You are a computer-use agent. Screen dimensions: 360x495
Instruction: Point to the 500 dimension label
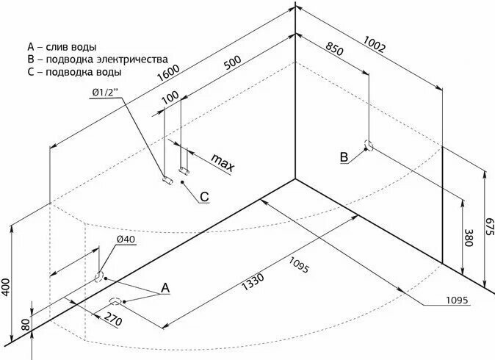[232, 64]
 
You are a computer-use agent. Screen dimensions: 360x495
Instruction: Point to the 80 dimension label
[26, 323]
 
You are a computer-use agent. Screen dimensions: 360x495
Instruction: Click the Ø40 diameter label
[125, 240]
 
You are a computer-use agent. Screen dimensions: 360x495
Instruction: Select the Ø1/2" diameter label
[108, 92]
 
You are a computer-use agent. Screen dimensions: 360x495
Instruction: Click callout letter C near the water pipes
[205, 196]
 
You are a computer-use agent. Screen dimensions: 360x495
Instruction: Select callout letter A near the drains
[165, 289]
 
